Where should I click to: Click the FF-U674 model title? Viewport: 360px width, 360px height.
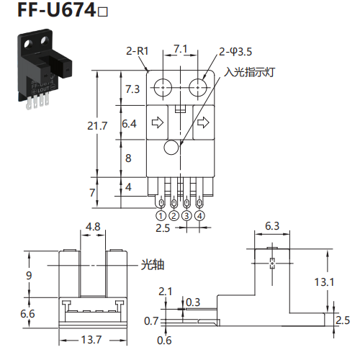(x=63, y=10)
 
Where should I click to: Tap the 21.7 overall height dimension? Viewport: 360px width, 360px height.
(x=97, y=126)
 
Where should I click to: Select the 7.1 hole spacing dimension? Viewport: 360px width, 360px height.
(x=181, y=49)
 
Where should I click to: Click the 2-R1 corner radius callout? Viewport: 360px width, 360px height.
(x=138, y=51)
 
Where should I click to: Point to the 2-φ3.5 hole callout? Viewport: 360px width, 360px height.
(x=235, y=52)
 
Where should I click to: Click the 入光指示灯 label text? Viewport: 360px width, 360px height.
(x=249, y=72)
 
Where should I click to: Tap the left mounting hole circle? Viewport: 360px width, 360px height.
(x=163, y=88)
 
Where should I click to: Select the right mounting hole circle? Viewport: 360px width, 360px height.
(x=198, y=88)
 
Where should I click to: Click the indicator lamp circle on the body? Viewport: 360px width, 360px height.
(x=171, y=147)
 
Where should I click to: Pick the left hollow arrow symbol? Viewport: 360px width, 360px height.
(x=158, y=122)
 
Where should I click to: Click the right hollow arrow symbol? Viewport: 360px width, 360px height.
(x=203, y=122)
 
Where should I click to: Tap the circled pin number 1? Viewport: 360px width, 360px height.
(x=161, y=216)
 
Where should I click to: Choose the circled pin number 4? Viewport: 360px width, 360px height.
(x=199, y=216)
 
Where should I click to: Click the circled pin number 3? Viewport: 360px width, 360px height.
(x=186, y=216)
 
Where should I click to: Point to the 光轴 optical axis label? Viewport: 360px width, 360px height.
(x=153, y=265)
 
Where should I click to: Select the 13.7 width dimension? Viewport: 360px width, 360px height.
(x=91, y=340)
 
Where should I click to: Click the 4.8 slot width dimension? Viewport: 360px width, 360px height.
(x=93, y=227)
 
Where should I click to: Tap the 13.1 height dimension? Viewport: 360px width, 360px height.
(x=324, y=282)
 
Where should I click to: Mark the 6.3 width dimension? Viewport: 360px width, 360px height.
(x=272, y=226)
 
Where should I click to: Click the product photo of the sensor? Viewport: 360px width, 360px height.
(x=45, y=69)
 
